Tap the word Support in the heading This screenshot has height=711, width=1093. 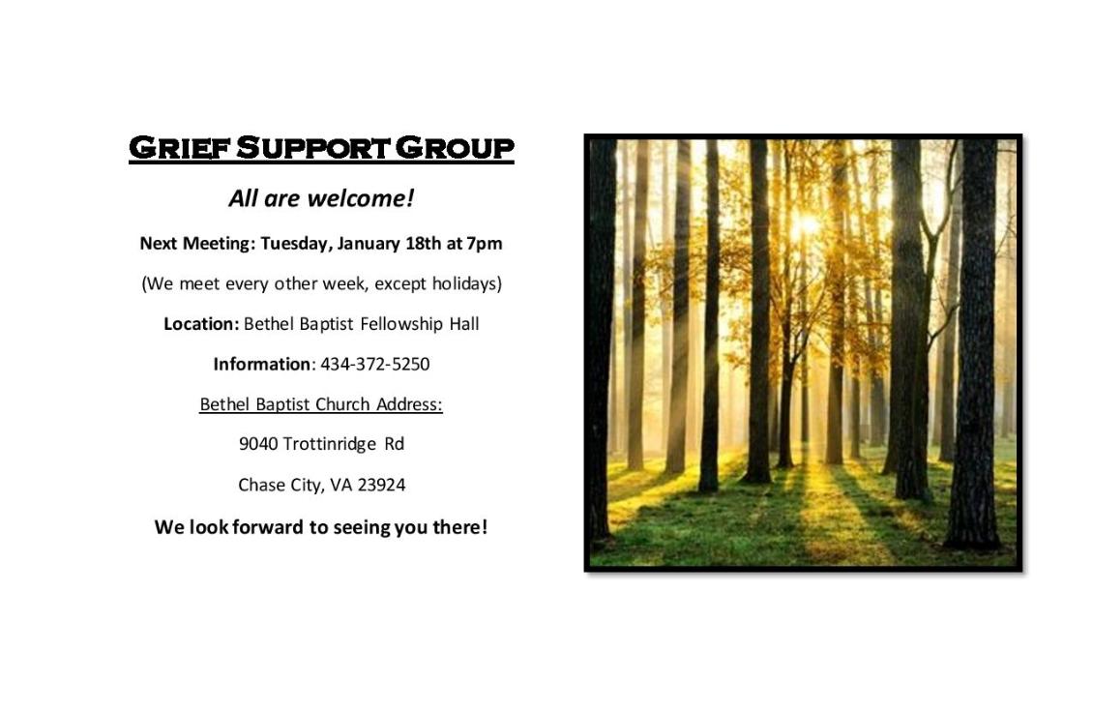click(x=312, y=148)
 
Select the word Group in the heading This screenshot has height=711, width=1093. click(x=455, y=148)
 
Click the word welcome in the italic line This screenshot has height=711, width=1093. click(x=361, y=198)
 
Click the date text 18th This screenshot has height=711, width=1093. click(x=423, y=243)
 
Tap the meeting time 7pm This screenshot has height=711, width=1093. click(x=485, y=244)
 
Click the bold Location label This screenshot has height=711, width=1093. click(x=201, y=323)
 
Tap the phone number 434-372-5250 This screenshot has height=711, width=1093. click(x=375, y=364)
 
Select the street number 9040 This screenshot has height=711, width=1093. click(x=258, y=444)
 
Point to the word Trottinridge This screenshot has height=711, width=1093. click(x=330, y=444)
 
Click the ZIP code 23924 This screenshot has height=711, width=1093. click(x=381, y=485)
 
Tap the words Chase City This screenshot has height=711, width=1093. click(x=281, y=486)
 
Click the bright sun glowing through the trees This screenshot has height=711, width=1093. click(x=807, y=223)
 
